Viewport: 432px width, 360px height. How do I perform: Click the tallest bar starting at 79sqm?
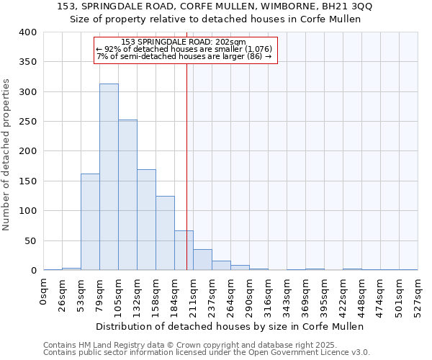[109, 176]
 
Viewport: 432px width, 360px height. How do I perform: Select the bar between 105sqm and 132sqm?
[127, 194]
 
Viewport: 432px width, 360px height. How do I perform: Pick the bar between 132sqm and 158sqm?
[146, 220]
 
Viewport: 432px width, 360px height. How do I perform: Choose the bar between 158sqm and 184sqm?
[165, 233]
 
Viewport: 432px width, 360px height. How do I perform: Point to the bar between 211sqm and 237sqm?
[202, 259]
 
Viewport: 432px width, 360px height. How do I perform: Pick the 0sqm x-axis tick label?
[44, 292]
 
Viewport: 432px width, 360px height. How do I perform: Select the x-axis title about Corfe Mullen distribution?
[230, 326]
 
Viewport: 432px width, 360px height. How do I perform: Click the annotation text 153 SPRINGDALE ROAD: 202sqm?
[184, 42]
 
